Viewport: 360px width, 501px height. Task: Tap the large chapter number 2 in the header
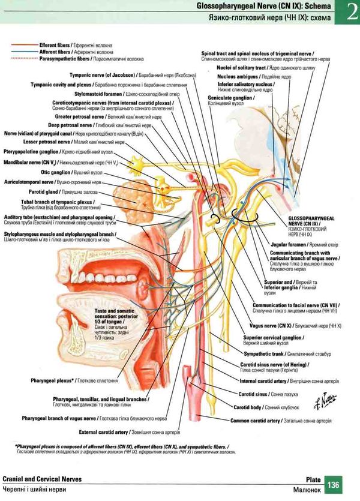point(349,13)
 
